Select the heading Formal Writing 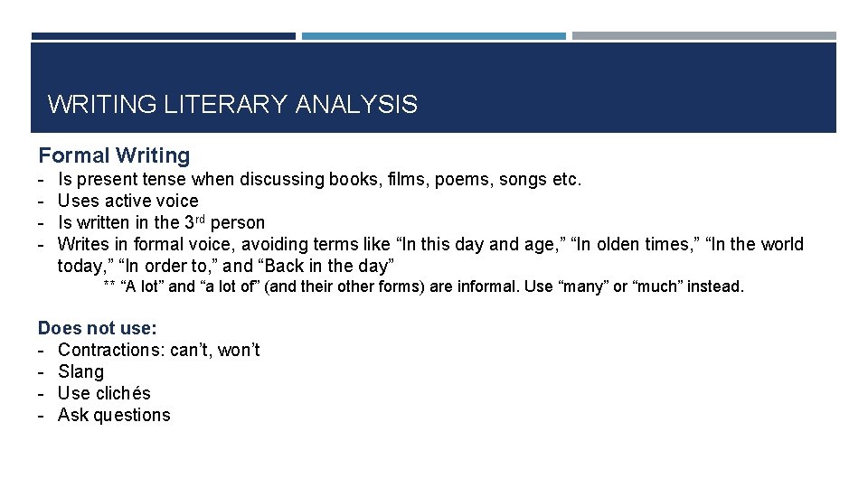(114, 156)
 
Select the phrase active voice (152, 201)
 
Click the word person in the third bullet (238, 222)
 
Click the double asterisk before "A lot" (109, 287)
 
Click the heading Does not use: (98, 328)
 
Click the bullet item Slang (80, 371)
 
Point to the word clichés (124, 393)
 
